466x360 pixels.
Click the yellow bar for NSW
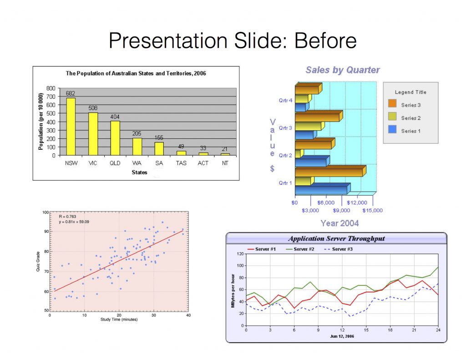pos(71,127)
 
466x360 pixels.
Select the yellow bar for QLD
pos(115,138)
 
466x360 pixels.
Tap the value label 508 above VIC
pos(93,108)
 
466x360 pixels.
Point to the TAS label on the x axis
pos(181,162)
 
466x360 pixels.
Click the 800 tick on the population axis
pos(51,88)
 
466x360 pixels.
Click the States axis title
pos(139,172)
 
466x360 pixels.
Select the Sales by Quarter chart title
pos(342,70)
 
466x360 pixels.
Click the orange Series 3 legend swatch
pos(392,105)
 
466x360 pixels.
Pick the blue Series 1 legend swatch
pos(392,131)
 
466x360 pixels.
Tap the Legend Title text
pos(410,92)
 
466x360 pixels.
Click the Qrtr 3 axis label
pos(285,128)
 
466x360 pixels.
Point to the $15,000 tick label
pos(372,210)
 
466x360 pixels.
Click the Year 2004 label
pos(339,223)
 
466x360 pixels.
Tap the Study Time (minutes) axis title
pos(119,319)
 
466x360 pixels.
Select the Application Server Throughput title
pos(336,238)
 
